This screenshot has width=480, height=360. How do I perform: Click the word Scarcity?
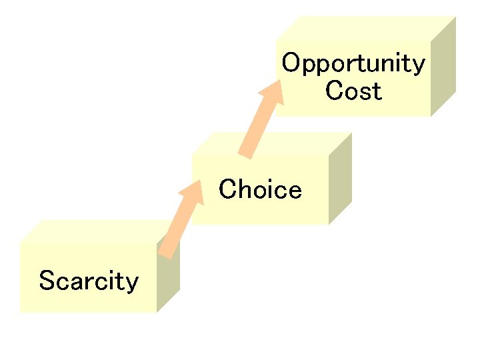(x=89, y=281)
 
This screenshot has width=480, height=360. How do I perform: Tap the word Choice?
(x=260, y=190)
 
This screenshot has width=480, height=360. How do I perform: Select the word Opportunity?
(x=353, y=64)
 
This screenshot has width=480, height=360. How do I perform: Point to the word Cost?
(x=353, y=91)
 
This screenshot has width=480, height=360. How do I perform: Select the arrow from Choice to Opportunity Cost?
(x=261, y=120)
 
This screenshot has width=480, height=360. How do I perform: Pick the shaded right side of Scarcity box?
(x=167, y=280)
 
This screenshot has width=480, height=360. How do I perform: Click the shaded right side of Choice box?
(x=340, y=180)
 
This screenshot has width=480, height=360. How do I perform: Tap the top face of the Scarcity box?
(x=93, y=231)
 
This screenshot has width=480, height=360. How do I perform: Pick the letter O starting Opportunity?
(x=290, y=63)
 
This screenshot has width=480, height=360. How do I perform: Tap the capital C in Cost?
(x=333, y=91)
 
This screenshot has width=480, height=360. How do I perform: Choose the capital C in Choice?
(x=227, y=190)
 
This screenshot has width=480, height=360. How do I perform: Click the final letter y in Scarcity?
(x=132, y=283)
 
